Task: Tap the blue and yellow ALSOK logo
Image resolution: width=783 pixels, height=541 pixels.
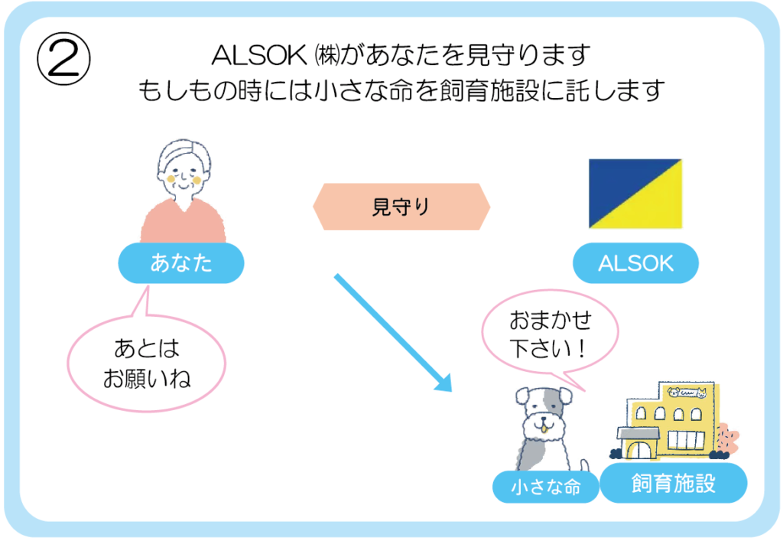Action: [635, 194]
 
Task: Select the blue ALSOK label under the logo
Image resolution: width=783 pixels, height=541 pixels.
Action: [635, 264]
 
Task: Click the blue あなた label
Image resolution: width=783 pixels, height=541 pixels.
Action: [180, 265]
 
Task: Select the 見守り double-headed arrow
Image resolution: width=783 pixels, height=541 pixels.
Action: [401, 207]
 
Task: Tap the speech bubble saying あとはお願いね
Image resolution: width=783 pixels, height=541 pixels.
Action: [146, 363]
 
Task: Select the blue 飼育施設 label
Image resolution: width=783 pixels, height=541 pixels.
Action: [673, 483]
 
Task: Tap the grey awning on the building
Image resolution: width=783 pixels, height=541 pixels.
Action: [638, 435]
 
